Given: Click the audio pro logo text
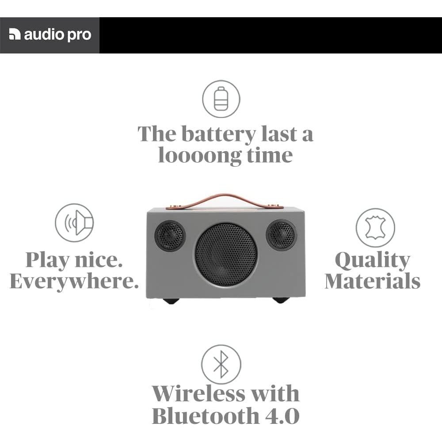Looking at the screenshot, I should pyautogui.click(x=57, y=35).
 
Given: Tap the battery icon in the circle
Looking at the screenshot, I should pyautogui.click(x=221, y=99).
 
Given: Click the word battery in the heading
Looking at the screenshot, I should pyautogui.click(x=218, y=134).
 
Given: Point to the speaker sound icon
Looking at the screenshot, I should pyautogui.click(x=74, y=223).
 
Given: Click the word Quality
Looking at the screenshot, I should pyautogui.click(x=372, y=261).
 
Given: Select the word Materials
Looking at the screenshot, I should pyautogui.click(x=372, y=282).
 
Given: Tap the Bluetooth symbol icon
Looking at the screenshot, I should pyautogui.click(x=221, y=365).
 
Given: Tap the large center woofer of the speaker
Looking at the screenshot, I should pyautogui.click(x=226, y=255).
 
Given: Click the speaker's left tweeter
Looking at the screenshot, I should pyautogui.click(x=170, y=236).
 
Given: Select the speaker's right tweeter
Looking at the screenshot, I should pyautogui.click(x=281, y=235).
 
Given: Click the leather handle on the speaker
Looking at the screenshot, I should pyautogui.click(x=225, y=200).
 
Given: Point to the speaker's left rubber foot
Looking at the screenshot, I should pyautogui.click(x=171, y=301).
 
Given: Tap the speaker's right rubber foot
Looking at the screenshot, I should pyautogui.click(x=281, y=300).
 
